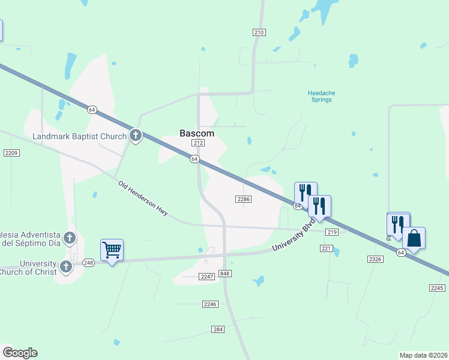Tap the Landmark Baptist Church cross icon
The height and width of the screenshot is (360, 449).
136,136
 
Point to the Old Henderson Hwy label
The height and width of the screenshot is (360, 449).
142,199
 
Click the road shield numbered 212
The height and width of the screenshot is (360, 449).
199,143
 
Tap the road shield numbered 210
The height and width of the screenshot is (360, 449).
259,32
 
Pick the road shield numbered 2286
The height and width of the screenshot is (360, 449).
244,199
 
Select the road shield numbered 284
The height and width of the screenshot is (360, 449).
218,329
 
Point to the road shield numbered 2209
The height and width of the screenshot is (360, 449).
11,153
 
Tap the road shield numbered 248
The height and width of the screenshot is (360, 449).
89,262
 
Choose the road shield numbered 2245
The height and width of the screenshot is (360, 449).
437,288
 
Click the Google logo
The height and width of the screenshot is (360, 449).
20,353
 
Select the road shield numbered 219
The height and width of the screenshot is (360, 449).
332,232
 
